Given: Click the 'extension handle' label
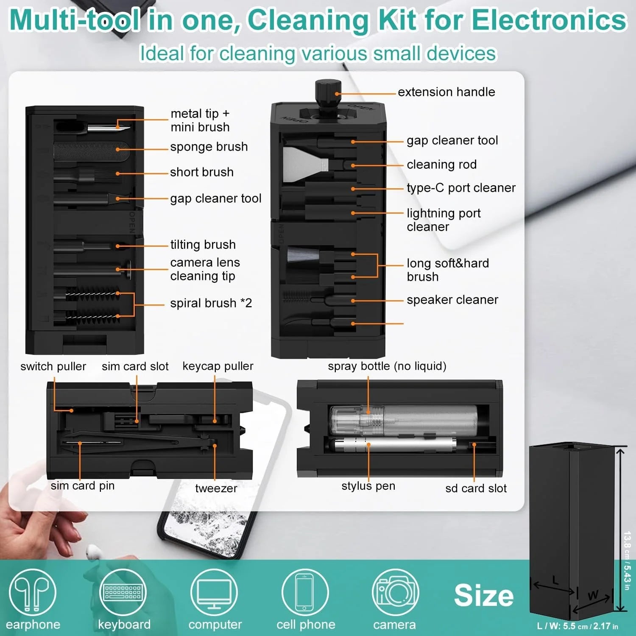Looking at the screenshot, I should pos(446,92).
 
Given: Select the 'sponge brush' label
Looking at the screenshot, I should pos(209,147).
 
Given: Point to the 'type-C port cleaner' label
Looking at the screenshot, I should pos(461,188).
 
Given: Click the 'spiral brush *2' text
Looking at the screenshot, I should pos(211,303).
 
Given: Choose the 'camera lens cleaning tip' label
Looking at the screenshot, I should pos(205,269).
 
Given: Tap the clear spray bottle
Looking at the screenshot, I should pos(403,419).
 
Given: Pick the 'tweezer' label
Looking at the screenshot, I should pos(216,488).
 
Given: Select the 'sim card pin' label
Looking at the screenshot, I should pos(83,485).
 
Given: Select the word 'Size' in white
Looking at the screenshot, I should pos(484,595).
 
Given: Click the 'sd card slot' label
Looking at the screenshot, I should pos(476,488).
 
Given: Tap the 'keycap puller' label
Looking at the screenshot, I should pos(218,366).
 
